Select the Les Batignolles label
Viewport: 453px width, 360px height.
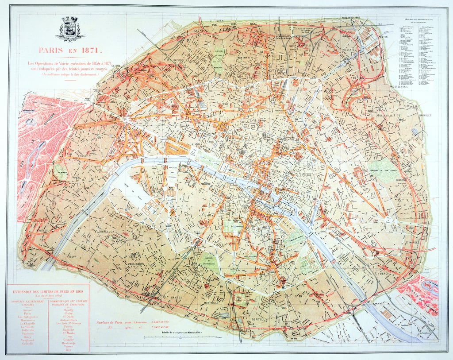(x=178, y=59)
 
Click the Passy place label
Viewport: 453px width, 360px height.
(x=84, y=156)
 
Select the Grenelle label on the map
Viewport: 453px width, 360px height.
(x=105, y=231)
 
